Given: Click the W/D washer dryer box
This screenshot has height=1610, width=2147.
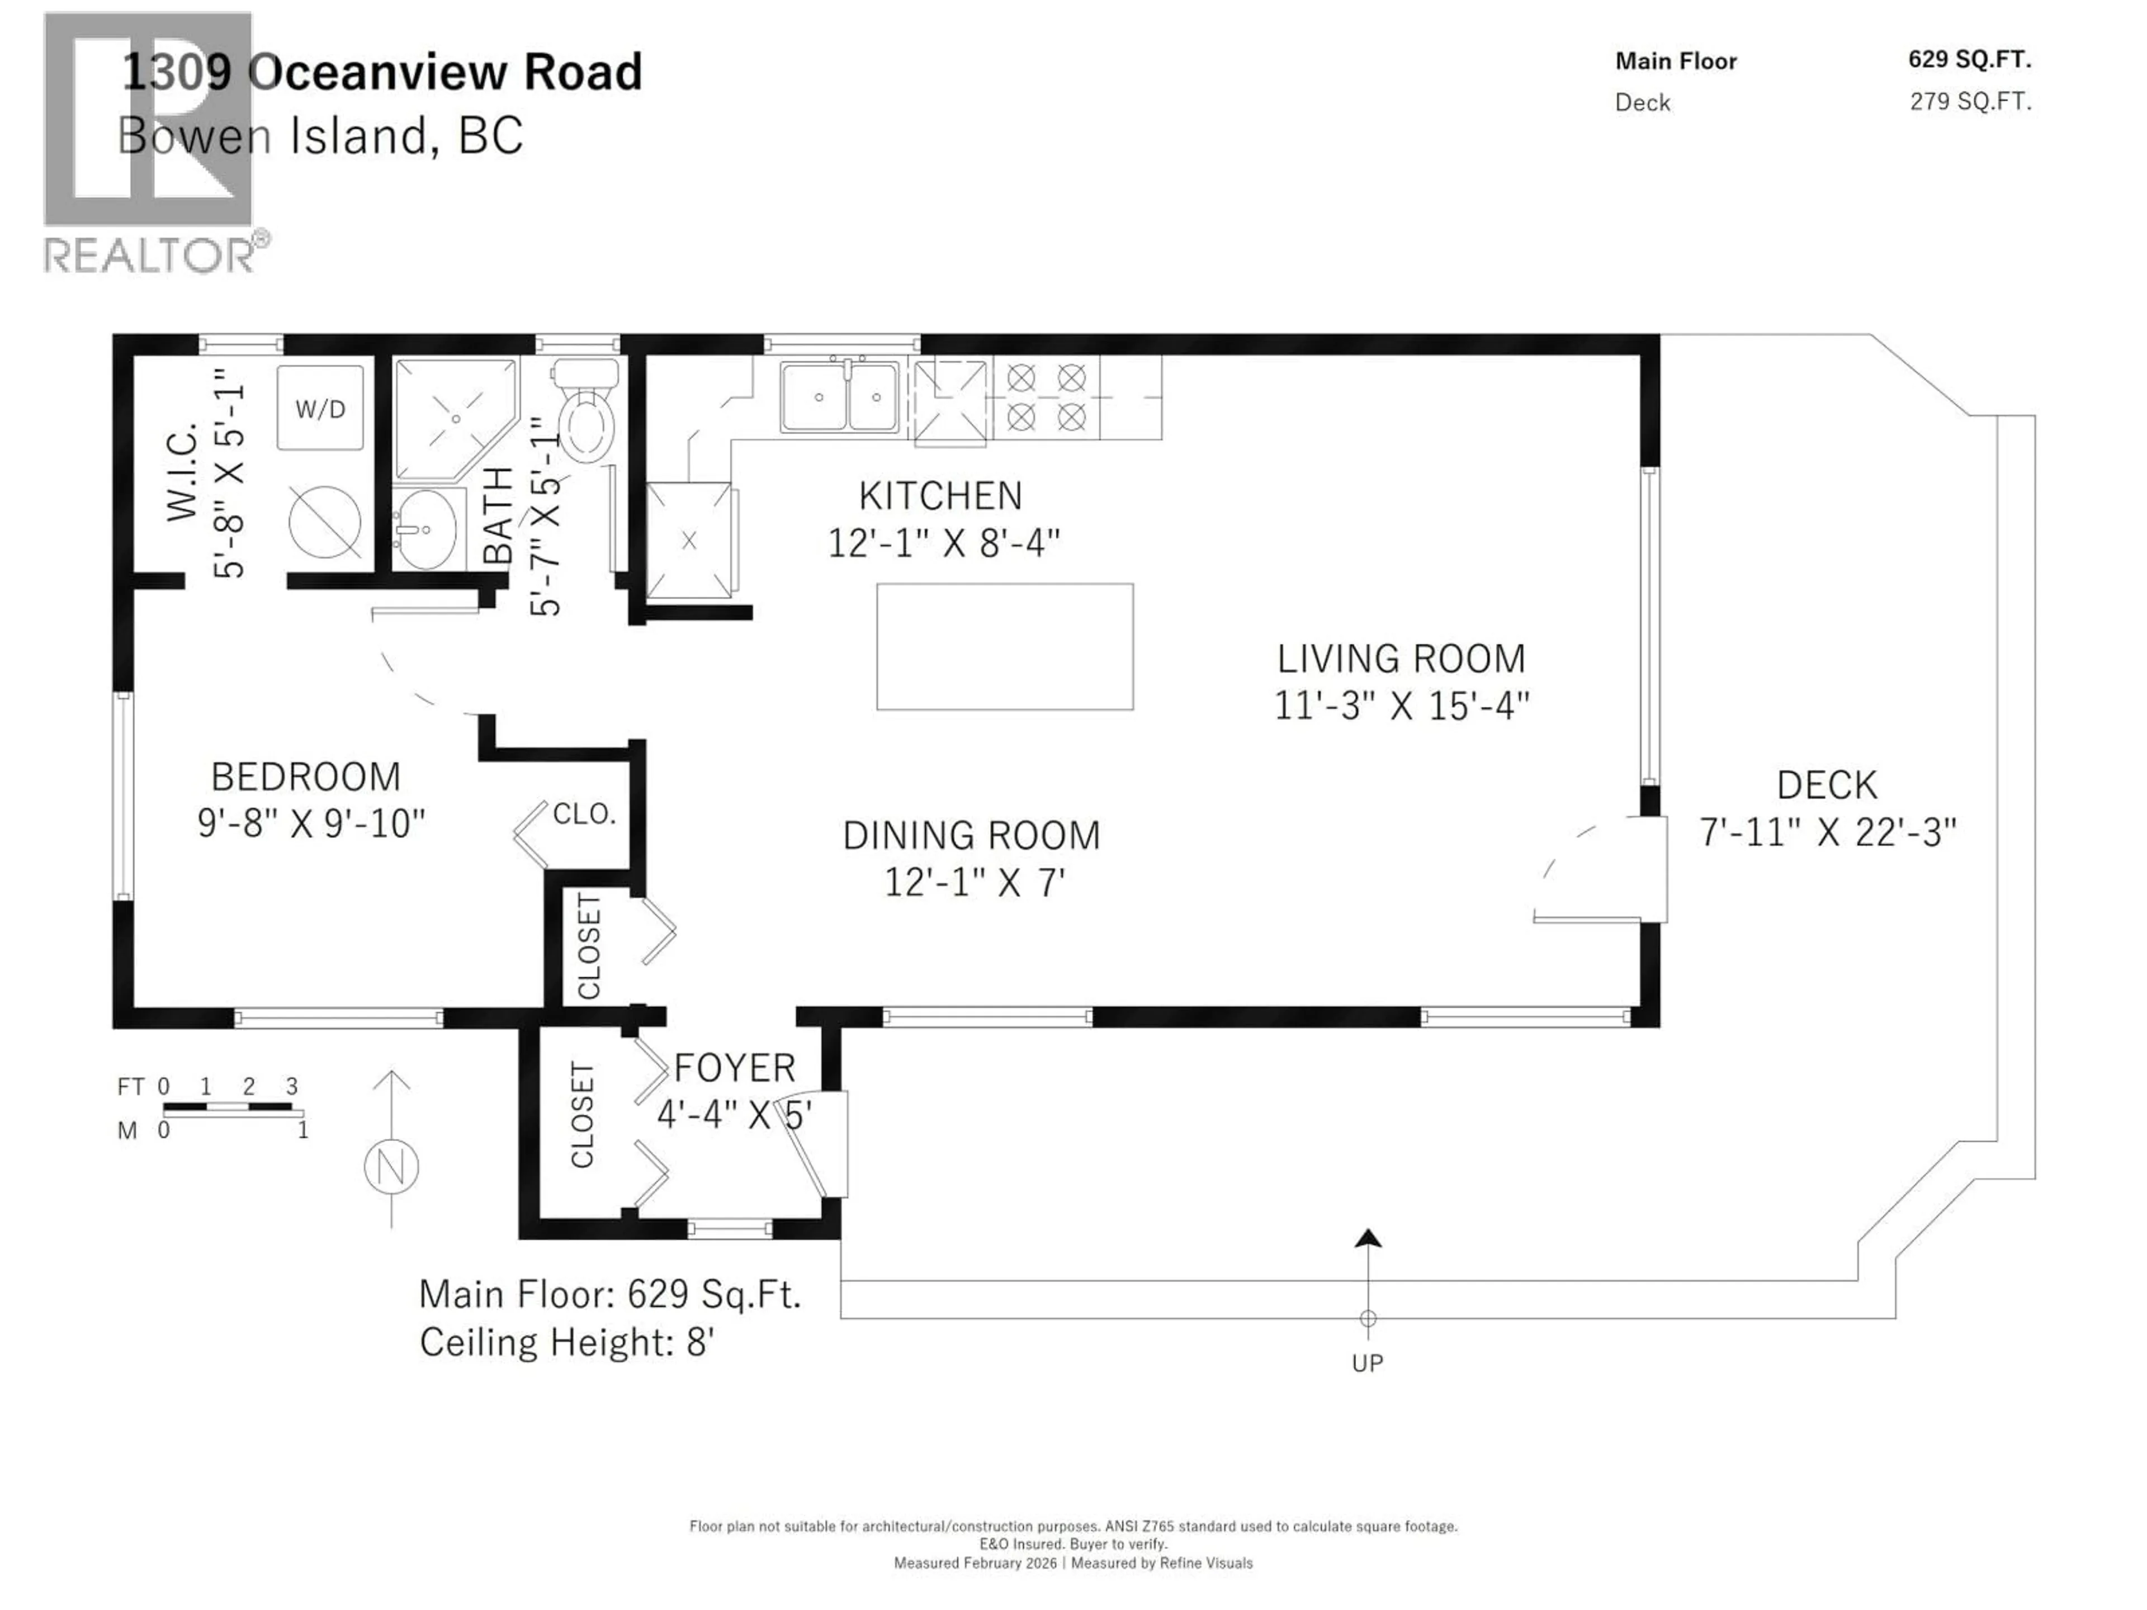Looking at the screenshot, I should click(320, 408).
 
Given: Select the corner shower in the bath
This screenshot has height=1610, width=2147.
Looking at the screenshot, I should click(451, 417).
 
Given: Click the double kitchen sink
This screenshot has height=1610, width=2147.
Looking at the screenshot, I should click(840, 396).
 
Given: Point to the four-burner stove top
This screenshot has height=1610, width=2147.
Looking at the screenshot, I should click(1046, 397).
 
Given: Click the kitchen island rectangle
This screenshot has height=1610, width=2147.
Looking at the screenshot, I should click(1005, 646).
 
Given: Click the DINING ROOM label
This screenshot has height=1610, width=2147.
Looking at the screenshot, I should click(971, 836).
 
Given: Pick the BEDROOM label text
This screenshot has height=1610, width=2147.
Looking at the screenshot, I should click(306, 776).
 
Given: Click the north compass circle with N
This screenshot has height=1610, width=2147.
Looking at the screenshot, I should click(391, 1166).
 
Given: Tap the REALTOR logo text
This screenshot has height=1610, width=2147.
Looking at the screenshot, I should click(150, 255).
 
